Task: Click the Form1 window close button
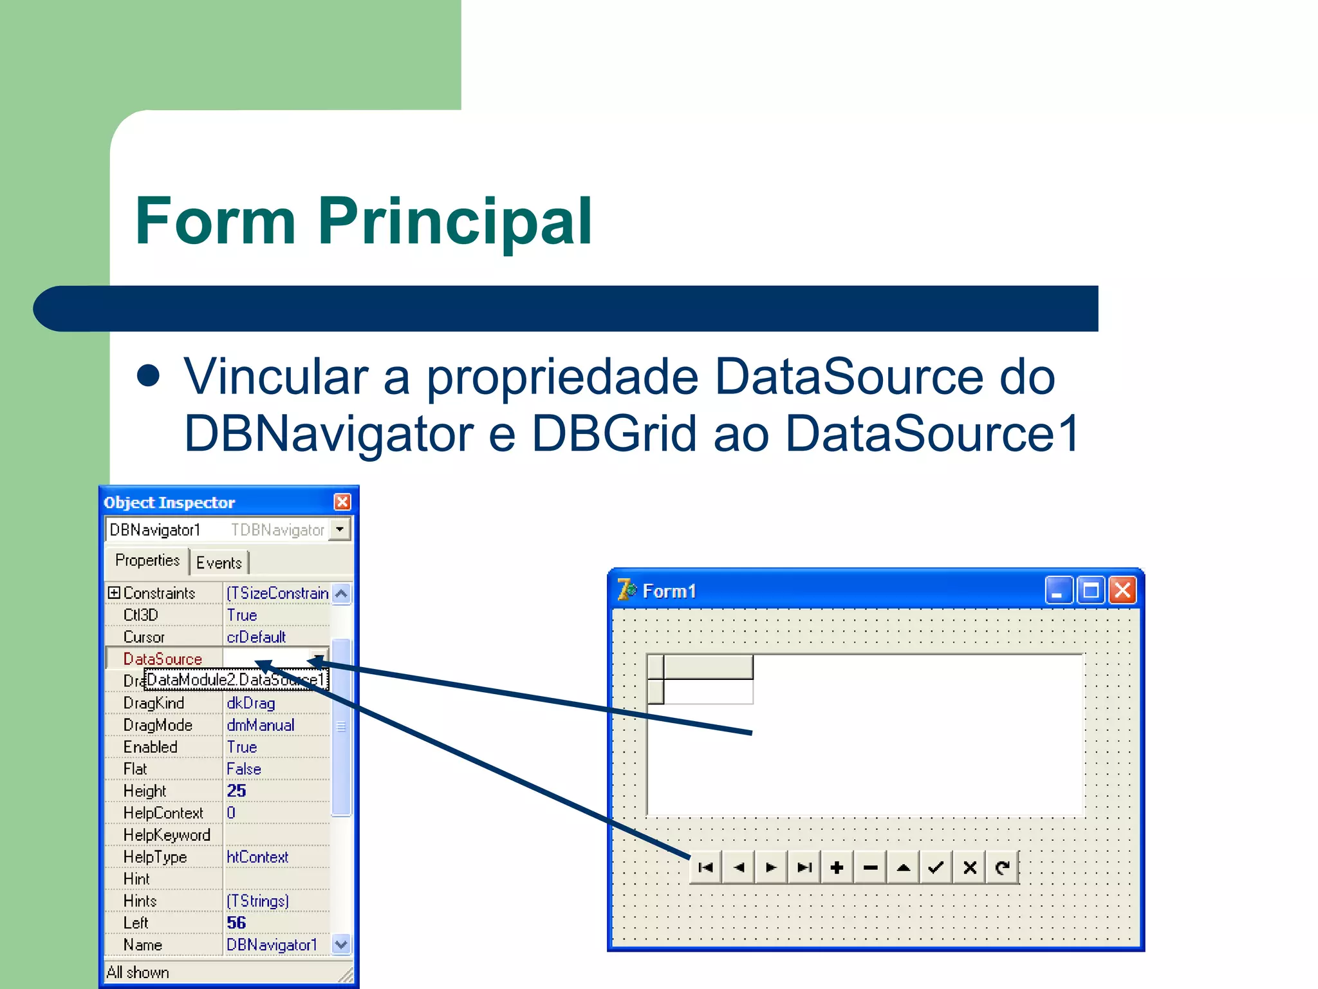[x=1122, y=590]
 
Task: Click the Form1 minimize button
[x=1057, y=590]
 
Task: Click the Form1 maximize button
[x=1090, y=590]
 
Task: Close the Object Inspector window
[x=342, y=502]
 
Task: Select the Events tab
[x=219, y=563]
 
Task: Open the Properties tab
[x=147, y=560]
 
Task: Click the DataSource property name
[x=163, y=659]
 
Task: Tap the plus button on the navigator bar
[x=837, y=868]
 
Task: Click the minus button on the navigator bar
[x=870, y=868]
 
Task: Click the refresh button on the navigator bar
[x=1002, y=868]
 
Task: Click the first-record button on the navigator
[x=705, y=868]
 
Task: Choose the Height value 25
[x=236, y=791]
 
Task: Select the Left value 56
[x=236, y=923]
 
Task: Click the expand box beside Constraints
[x=114, y=592]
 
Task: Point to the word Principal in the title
[x=454, y=221]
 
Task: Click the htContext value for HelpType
[x=257, y=857]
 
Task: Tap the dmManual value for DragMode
[x=261, y=725]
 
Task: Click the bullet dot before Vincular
[x=149, y=376]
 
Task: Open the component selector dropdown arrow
[x=340, y=529]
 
